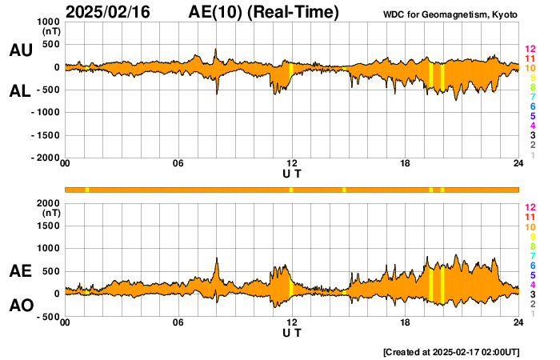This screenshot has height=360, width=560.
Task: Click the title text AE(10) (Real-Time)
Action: [264, 12]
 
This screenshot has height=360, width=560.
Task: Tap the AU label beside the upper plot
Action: [21, 50]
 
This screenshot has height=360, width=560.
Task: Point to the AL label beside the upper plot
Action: [21, 91]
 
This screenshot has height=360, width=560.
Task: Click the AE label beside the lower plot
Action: [21, 271]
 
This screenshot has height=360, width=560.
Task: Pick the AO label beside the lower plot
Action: [21, 306]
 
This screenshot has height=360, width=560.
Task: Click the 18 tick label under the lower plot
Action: [405, 322]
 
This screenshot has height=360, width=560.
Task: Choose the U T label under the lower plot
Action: [292, 332]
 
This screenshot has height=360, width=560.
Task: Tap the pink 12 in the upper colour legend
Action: [529, 50]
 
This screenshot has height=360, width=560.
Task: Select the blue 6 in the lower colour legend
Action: [532, 265]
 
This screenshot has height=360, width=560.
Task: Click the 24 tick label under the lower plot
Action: [518, 322]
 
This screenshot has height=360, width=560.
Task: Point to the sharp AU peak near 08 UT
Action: [216, 49]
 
